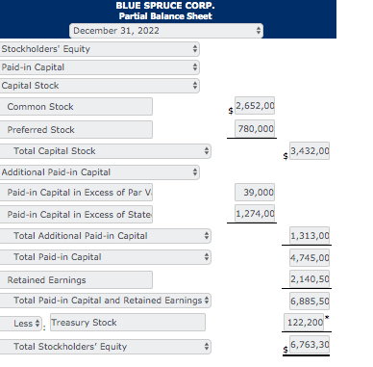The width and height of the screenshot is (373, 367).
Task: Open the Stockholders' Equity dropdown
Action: [x=101, y=48]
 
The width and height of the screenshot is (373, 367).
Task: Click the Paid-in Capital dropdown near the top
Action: [x=101, y=66]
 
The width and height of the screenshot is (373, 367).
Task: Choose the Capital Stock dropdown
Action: [x=101, y=85]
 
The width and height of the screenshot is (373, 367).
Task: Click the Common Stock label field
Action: [x=77, y=107]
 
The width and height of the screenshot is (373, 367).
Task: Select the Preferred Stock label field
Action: [x=77, y=129]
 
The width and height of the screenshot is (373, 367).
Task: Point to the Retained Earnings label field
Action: [x=77, y=279]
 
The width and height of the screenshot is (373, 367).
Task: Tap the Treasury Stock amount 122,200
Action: [x=308, y=323]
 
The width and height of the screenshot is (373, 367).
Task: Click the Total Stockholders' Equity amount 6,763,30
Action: [x=311, y=344]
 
